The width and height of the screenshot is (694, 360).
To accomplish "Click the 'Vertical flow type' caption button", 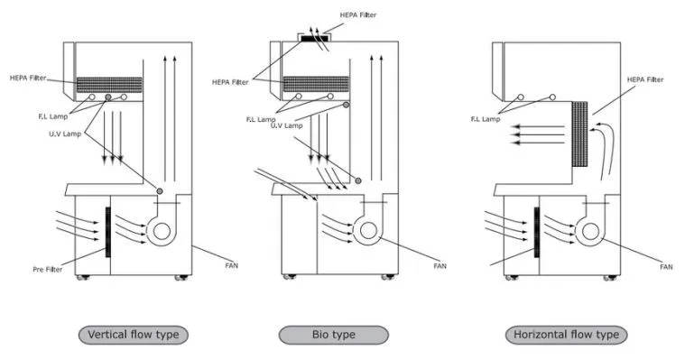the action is [134, 335].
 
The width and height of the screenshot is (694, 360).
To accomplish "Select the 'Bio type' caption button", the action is [334, 335].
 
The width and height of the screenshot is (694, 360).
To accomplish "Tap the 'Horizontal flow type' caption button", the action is [566, 335].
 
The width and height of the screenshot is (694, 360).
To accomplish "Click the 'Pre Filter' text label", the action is [47, 270].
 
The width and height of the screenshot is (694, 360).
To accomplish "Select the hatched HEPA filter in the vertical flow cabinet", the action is [110, 85].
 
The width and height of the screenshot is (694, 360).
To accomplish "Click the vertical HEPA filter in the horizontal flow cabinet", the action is [579, 134].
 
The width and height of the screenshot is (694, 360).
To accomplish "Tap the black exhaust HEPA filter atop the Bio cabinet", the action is [315, 39].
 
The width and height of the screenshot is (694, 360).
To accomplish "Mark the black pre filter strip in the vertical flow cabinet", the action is [108, 232].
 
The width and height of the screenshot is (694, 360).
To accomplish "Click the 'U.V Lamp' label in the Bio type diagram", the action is [287, 126].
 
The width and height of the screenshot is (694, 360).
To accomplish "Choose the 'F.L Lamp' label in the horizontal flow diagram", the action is [486, 119].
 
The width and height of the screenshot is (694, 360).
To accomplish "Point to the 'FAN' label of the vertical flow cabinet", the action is [231, 266].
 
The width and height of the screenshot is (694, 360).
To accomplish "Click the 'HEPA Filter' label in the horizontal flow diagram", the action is [645, 79].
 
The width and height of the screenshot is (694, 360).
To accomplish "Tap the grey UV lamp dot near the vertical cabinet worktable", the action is [160, 191].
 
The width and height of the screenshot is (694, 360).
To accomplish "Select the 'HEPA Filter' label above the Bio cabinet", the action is [358, 15].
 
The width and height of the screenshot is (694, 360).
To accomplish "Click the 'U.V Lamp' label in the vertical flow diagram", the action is [65, 134].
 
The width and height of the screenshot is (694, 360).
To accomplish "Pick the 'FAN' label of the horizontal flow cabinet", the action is [666, 267].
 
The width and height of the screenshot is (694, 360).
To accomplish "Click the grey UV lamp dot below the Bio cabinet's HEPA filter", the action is [347, 105].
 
